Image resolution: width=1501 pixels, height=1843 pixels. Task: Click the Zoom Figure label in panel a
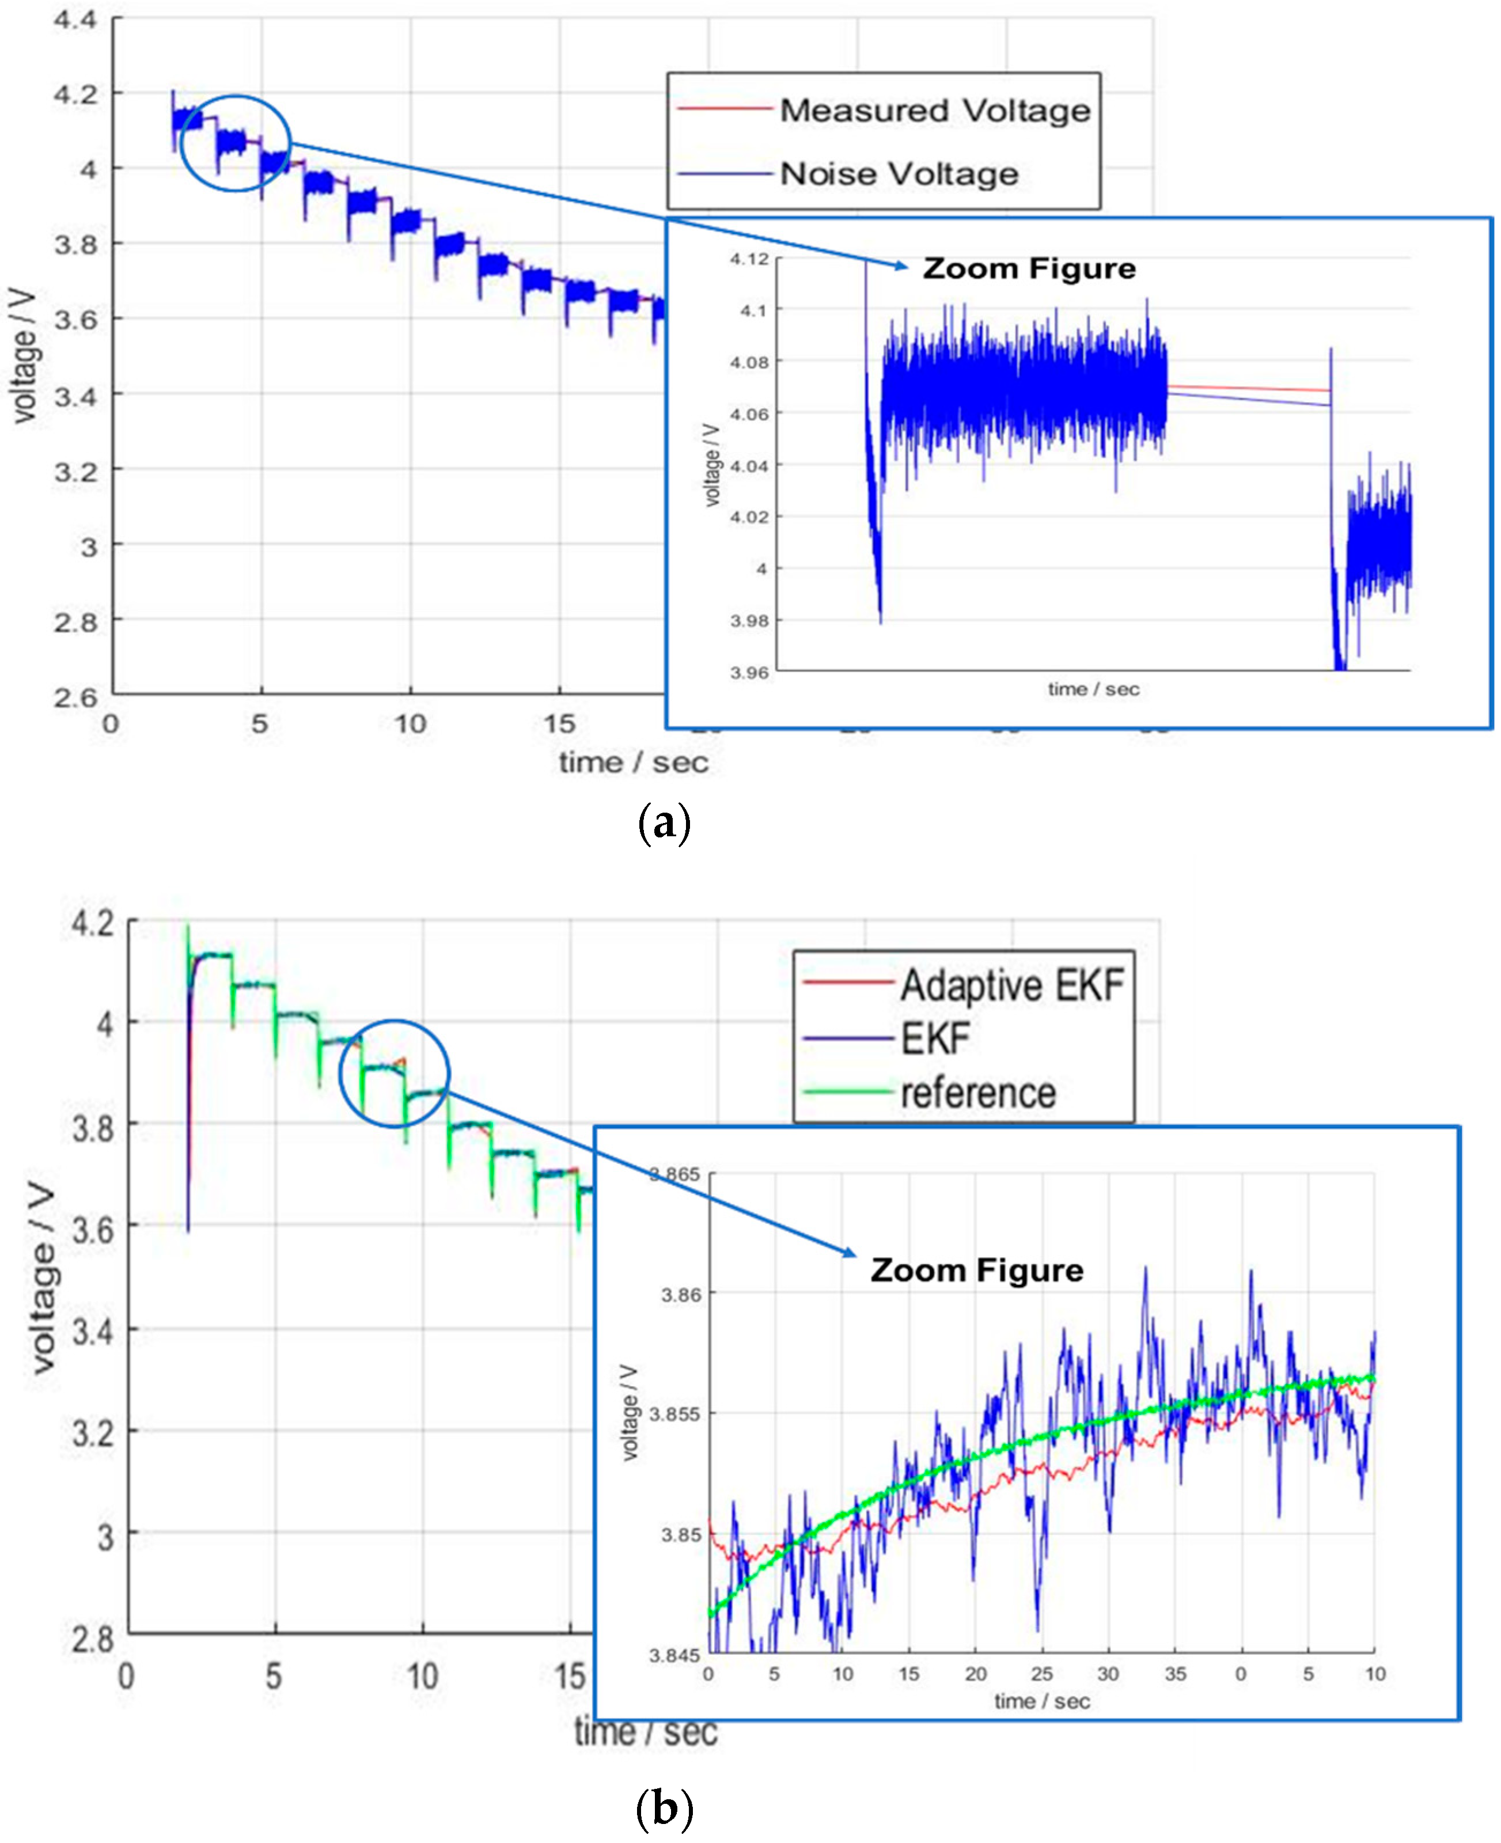point(1028,269)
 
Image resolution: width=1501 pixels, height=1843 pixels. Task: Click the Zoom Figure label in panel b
point(976,1270)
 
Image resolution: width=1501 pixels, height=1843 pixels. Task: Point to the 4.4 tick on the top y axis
point(75,19)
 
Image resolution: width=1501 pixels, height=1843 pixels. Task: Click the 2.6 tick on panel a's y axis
point(75,697)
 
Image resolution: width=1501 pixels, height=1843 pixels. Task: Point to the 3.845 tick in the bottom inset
point(674,1655)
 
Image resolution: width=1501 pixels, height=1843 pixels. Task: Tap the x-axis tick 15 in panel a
point(559,723)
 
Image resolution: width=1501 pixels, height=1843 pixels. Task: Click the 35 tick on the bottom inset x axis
point(1175,1674)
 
